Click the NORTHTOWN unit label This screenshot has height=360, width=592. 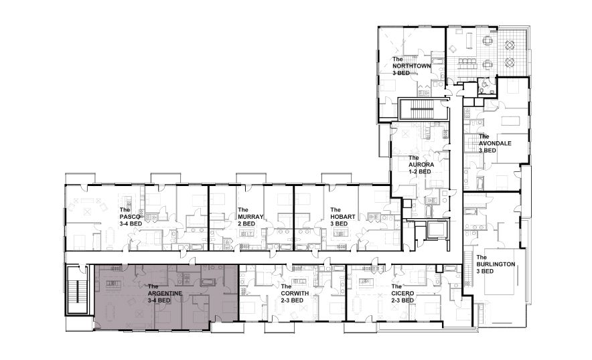pos(412,66)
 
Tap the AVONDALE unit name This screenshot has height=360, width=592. pos(495,143)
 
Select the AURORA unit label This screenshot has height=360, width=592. pos(421,165)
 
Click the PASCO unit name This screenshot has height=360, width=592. pos(130,217)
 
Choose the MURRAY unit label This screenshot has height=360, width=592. pos(250,217)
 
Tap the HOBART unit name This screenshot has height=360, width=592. pos(342,217)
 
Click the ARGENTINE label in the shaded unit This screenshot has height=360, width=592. pos(165,293)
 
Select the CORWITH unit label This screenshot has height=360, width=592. pos(295,293)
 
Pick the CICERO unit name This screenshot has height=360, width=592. pos(402,293)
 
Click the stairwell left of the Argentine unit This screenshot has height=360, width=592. pos(78,289)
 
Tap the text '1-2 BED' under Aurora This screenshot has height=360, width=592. pos(419,172)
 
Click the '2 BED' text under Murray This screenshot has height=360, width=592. pos(246,223)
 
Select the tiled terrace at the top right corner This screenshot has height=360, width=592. pos(514,52)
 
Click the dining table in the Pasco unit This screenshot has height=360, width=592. pos(110,237)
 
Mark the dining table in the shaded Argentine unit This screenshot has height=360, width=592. pos(110,311)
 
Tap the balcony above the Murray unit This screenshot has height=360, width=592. pos(250,179)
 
